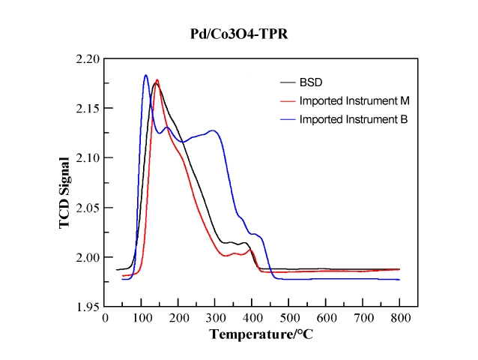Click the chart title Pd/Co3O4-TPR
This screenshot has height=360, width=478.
(x=238, y=34)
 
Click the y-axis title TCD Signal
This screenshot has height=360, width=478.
(x=65, y=183)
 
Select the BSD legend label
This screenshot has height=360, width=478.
(x=309, y=82)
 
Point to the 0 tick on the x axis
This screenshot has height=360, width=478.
(x=105, y=317)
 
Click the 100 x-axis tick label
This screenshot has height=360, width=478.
(x=142, y=317)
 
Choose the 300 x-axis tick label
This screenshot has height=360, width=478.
(x=216, y=317)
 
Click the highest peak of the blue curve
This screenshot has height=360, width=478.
(x=145, y=75)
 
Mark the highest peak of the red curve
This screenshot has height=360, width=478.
(x=157, y=79)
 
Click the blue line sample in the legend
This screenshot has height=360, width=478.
(x=287, y=118)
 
